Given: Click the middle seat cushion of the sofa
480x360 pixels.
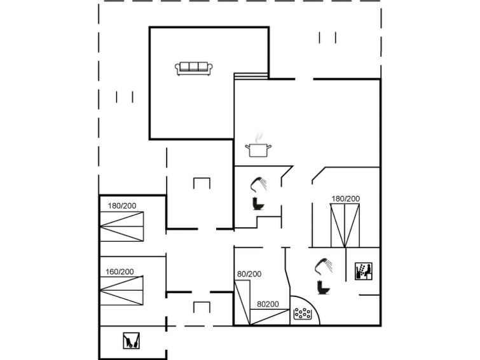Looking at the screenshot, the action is (193, 67).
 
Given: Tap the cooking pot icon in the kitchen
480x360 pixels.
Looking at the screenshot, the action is (258, 150).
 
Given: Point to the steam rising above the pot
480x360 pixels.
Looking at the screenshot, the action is (259, 137).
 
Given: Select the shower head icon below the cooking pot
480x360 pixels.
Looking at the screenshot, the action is (259, 184).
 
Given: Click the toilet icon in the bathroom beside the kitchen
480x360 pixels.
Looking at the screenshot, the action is (258, 204).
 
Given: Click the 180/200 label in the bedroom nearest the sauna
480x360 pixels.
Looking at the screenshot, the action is (346, 199).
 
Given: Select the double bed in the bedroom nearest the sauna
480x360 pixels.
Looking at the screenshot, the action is (345, 226).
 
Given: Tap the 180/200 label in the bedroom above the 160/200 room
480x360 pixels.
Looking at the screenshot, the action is (122, 206).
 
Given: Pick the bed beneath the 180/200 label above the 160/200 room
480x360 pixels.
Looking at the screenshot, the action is (122, 226).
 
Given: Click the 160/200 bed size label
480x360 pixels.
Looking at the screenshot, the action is (120, 272).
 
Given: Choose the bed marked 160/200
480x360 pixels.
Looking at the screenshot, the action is (122, 291).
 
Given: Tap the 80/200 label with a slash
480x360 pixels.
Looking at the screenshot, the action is (249, 274).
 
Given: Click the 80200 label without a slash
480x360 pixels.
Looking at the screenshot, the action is (268, 304).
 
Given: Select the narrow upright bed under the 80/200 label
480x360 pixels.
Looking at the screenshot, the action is (242, 302).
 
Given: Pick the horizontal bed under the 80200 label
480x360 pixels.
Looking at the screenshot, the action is (270, 317).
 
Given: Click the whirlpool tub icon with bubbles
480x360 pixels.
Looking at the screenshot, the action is (303, 314).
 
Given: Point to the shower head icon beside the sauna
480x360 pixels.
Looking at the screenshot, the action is (324, 267).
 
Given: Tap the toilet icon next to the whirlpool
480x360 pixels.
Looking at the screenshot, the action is (323, 287).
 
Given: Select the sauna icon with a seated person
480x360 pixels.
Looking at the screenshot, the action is (364, 271).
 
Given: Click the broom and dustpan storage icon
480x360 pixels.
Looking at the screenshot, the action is (132, 341).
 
